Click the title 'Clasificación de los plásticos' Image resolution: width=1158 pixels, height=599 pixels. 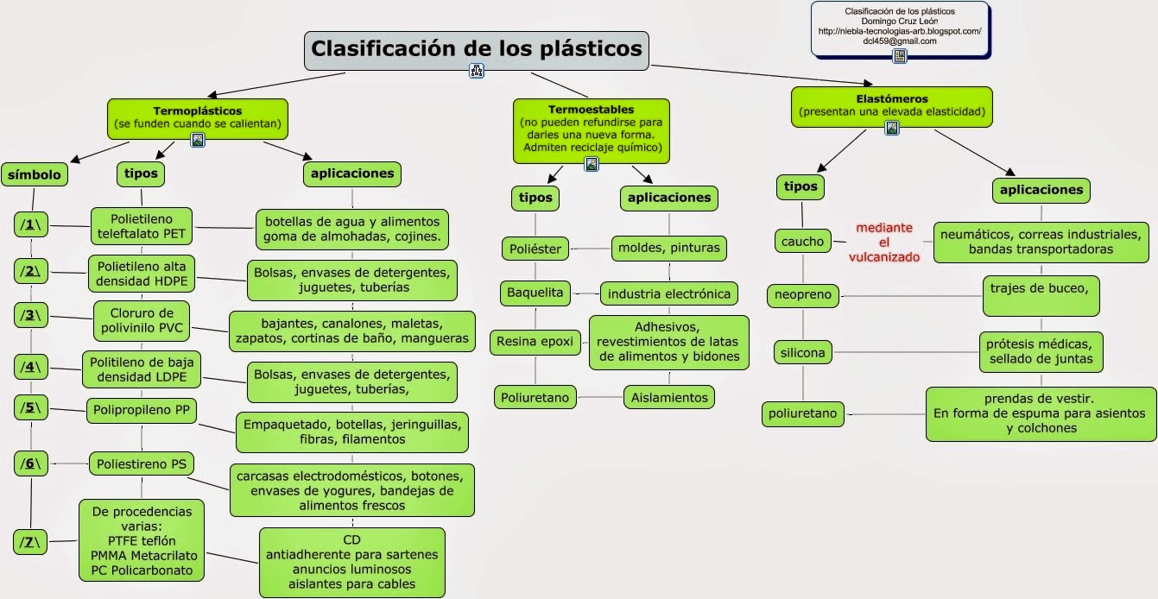tap(476, 48)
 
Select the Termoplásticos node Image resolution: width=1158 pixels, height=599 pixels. tap(197, 117)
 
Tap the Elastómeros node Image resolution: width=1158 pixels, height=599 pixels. tap(891, 105)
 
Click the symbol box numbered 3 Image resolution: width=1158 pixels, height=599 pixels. tap(31, 315)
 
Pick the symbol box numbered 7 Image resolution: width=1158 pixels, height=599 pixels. tap(31, 542)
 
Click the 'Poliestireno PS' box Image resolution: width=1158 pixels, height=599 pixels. tap(141, 464)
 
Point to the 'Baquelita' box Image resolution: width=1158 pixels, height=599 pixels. tap(534, 293)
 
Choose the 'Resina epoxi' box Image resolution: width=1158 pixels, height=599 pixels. tap(535, 341)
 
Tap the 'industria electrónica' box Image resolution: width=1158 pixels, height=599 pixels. tap(669, 293)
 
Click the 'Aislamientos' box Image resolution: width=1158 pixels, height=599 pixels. tap(669, 397)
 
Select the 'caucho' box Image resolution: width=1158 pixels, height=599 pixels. tap(803, 242)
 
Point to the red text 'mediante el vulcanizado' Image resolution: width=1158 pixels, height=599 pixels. tap(883, 243)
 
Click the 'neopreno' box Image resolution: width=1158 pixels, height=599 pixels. tap(803, 295)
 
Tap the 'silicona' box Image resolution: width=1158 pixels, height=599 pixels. tap(803, 352)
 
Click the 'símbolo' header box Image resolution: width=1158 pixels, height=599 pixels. tap(35, 174)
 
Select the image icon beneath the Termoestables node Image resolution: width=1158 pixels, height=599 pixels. tap(592, 164)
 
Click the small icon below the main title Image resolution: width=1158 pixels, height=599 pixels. tap(476, 72)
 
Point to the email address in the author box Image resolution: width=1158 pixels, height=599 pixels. tap(899, 41)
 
